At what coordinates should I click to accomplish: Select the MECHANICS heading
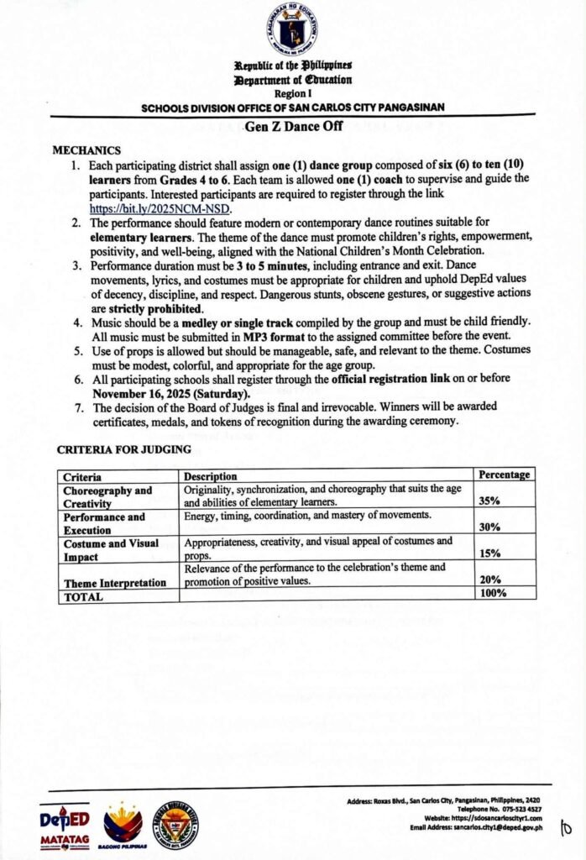87,150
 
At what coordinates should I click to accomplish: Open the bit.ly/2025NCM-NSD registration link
159,209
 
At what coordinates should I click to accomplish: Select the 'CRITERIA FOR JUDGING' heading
123,449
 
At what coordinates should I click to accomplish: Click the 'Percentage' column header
504,475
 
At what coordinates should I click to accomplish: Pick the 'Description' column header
211,476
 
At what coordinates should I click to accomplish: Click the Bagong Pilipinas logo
123,825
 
